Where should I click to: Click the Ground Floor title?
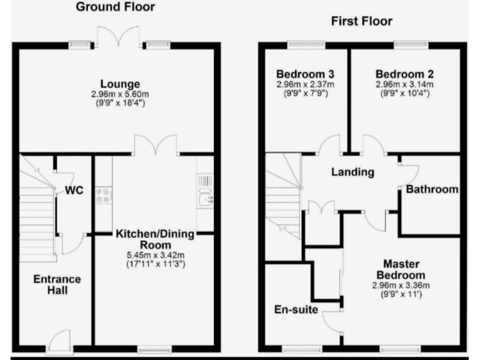click(x=116, y=7)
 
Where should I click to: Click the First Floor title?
click(x=362, y=21)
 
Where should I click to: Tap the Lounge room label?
click(x=120, y=84)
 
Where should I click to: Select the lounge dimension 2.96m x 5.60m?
click(x=120, y=94)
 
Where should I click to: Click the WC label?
click(x=74, y=190)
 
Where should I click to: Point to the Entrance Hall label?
click(x=57, y=284)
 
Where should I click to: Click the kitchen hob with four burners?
click(x=104, y=196)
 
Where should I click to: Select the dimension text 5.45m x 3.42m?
click(x=156, y=255)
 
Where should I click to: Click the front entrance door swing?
click(x=59, y=339)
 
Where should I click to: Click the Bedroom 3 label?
click(x=305, y=74)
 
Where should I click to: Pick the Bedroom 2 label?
click(x=404, y=74)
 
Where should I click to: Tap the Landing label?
click(x=352, y=172)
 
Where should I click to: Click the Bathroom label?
click(x=432, y=189)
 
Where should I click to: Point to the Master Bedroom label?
click(x=401, y=269)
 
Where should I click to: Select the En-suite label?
click(x=296, y=309)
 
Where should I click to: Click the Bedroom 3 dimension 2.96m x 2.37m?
click(x=306, y=84)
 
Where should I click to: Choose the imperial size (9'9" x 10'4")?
click(x=405, y=93)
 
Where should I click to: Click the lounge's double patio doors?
click(x=119, y=37)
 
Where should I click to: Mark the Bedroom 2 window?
click(x=411, y=45)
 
